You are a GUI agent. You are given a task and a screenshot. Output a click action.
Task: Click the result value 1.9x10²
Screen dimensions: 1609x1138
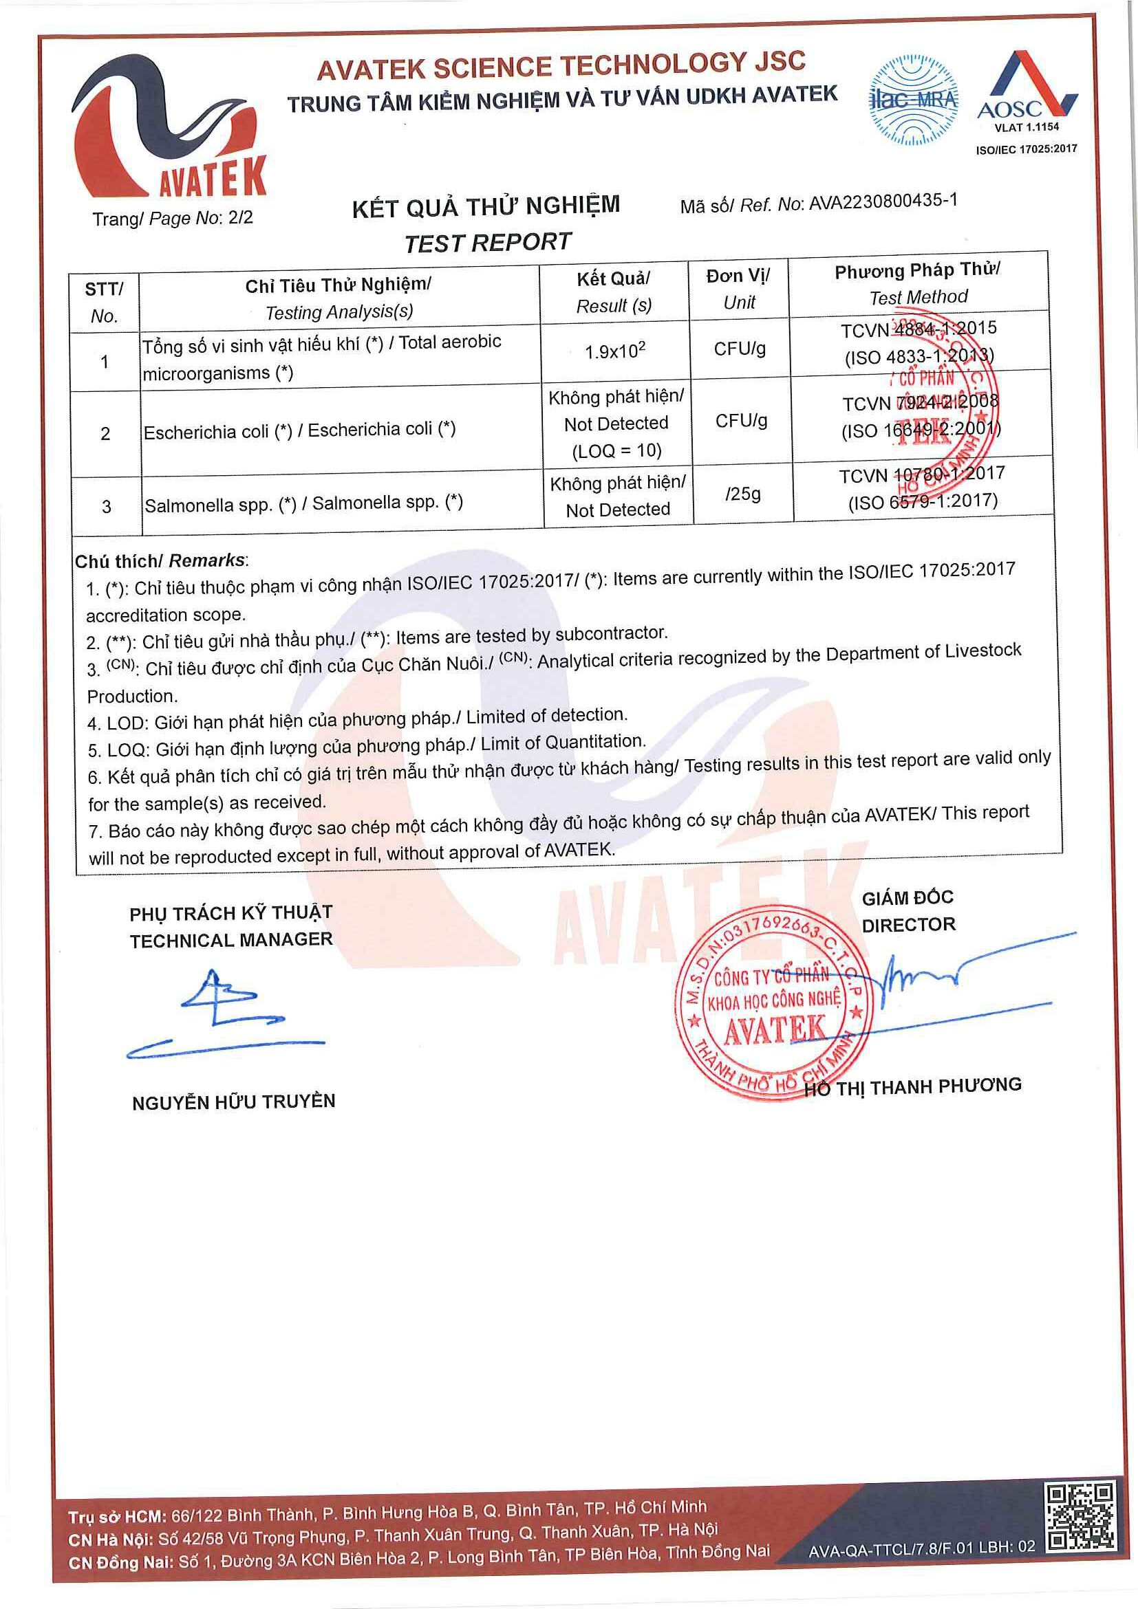[x=615, y=352]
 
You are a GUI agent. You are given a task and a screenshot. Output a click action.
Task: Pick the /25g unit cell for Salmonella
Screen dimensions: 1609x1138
[x=743, y=494]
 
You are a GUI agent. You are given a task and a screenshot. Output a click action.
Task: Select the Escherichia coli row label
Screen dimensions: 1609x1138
[x=299, y=430]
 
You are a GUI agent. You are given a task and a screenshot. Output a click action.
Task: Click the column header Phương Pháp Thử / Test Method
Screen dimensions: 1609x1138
[x=918, y=283]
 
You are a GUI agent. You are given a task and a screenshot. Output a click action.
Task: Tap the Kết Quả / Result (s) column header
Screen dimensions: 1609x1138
[x=614, y=292]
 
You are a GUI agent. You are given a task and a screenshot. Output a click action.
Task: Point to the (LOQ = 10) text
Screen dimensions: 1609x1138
[x=617, y=450]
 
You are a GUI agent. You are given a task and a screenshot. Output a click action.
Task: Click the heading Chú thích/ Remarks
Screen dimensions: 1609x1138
[x=161, y=560]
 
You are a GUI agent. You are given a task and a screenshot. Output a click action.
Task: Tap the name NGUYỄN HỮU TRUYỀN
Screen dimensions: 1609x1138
[x=233, y=1102]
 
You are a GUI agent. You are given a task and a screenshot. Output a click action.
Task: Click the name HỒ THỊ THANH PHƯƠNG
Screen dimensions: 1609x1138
[x=912, y=1086]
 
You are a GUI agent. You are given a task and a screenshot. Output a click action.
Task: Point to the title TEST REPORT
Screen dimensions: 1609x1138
[x=488, y=243]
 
